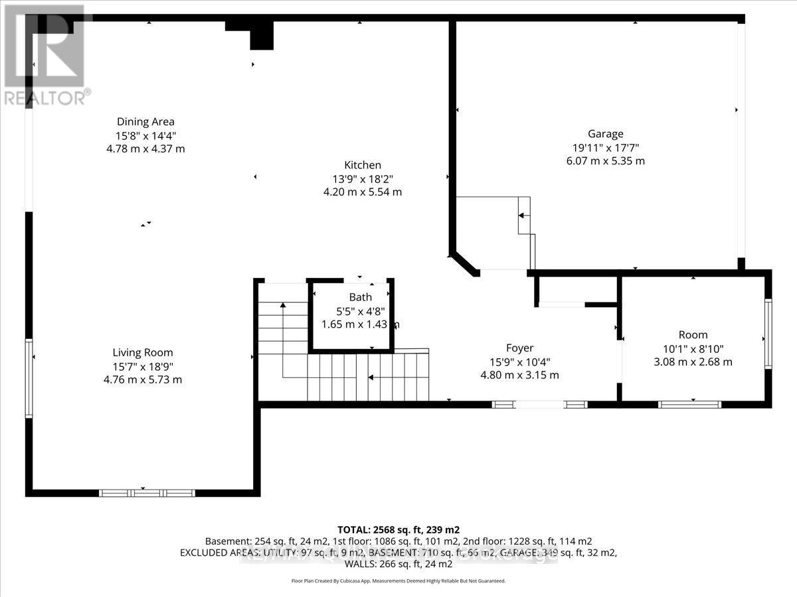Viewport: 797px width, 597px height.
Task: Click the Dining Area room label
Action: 145,121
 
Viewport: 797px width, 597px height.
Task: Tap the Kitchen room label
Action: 362,165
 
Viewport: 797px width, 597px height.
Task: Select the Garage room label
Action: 605,134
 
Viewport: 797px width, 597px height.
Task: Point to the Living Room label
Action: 142,353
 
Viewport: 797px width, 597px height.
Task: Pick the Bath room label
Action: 361,297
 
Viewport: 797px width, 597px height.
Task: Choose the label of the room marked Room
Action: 693,335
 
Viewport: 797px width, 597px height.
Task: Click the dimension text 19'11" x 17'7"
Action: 605,147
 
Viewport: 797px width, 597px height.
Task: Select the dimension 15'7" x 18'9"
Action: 142,366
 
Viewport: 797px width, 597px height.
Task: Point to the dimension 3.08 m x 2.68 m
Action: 693,362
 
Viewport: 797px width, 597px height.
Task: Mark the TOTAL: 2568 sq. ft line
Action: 398,529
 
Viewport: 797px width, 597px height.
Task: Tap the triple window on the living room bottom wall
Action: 147,493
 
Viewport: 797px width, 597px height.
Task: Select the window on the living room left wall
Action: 29,378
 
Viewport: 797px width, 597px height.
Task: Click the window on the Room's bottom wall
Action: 689,404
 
